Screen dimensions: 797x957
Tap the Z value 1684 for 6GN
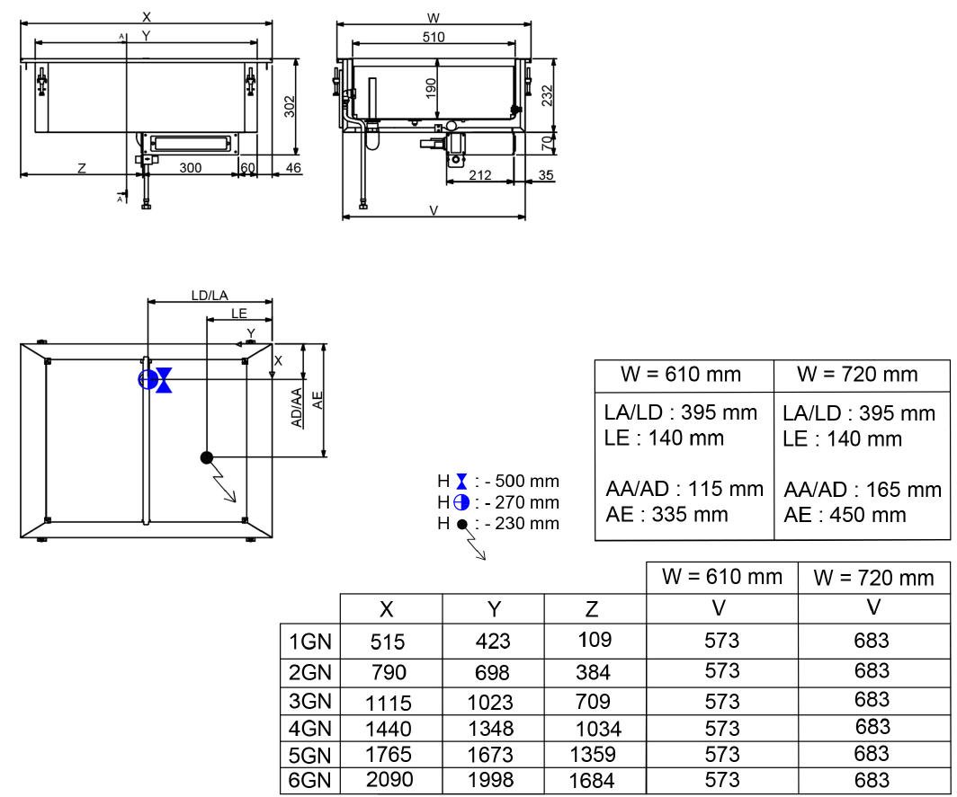(591, 781)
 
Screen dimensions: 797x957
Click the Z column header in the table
(591, 609)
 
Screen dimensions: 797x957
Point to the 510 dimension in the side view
(434, 37)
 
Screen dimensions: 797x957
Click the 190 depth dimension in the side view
(432, 88)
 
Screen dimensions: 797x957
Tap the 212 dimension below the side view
(480, 175)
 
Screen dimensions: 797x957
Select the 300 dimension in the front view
(191, 168)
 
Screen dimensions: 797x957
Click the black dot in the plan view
(206, 457)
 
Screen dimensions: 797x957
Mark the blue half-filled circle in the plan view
(146, 379)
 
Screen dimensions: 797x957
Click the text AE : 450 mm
(845, 515)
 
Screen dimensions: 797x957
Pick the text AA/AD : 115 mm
(684, 490)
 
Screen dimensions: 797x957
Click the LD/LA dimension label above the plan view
(210, 295)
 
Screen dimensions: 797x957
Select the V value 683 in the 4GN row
(872, 726)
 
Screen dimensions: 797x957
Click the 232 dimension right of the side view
(549, 93)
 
